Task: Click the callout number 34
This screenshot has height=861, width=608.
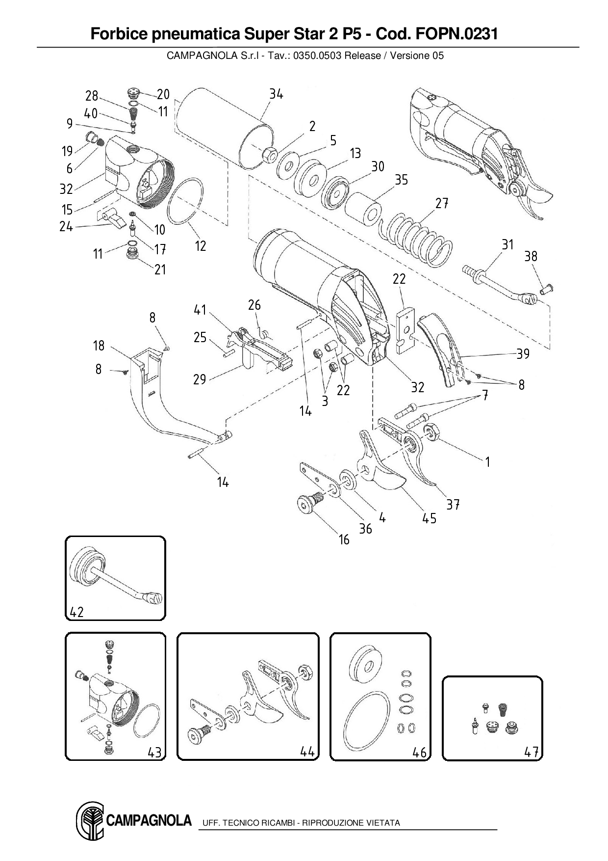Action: click(276, 94)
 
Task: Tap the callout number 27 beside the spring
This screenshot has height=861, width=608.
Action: click(442, 203)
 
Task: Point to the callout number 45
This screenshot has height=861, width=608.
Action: click(429, 518)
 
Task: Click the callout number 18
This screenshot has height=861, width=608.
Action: click(99, 346)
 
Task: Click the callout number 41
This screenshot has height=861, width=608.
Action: click(200, 310)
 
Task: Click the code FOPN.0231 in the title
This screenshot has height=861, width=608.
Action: click(456, 34)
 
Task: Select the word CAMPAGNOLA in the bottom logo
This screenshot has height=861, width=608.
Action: click(149, 820)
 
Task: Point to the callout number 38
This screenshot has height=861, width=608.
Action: click(531, 256)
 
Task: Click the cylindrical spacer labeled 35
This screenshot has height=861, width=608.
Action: click(363, 211)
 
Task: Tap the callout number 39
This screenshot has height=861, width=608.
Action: click(523, 354)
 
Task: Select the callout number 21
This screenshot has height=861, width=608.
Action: click(160, 269)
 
